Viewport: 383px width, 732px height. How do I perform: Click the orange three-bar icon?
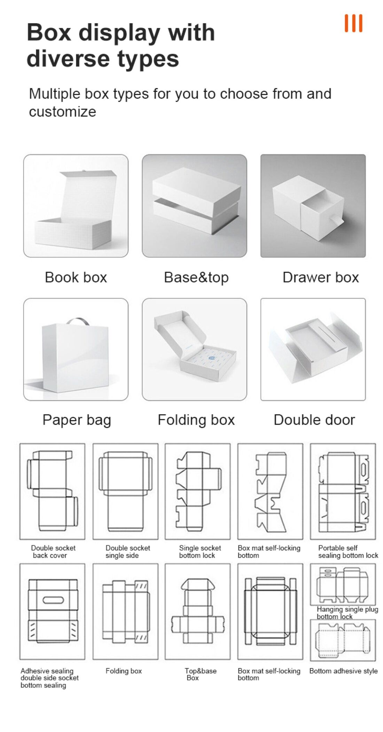pos(353,23)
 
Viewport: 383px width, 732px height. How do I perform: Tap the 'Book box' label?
pos(76,277)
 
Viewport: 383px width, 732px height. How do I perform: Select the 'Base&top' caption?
pos(196,278)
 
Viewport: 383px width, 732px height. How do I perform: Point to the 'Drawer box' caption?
pos(321,277)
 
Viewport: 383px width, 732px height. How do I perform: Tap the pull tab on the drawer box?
pos(336,219)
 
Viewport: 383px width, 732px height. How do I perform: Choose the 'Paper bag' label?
pos(77,420)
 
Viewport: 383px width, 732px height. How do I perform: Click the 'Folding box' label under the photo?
pos(196,420)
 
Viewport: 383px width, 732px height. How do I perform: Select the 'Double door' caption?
pos(314,420)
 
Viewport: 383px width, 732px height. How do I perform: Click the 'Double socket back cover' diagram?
pos(52,491)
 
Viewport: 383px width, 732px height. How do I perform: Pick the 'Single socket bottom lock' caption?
pos(200,552)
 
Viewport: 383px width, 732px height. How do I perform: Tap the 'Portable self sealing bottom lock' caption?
pos(348,552)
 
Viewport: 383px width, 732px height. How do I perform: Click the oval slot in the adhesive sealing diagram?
pos(53,600)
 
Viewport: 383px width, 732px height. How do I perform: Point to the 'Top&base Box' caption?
pos(200,674)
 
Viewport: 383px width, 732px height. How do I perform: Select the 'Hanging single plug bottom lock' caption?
pos(347,613)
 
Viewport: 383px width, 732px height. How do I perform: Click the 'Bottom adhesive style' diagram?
pos(343,640)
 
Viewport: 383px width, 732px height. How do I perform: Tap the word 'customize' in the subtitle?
pos(63,112)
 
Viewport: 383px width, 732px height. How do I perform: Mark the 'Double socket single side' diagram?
pos(125,491)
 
